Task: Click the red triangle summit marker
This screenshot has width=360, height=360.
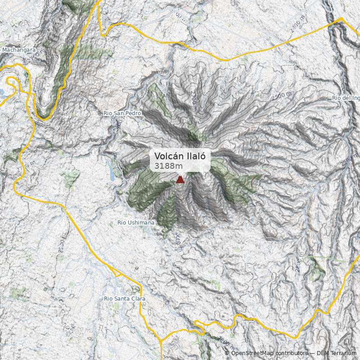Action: (x=180, y=180)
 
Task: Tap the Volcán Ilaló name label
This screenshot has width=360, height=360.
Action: (x=180, y=156)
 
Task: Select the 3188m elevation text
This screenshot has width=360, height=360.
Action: (x=165, y=166)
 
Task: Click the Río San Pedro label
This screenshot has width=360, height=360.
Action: (x=122, y=113)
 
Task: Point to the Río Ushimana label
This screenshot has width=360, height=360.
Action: (x=135, y=223)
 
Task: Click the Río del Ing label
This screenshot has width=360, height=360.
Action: (x=345, y=98)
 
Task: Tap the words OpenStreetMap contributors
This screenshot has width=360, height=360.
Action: (x=269, y=353)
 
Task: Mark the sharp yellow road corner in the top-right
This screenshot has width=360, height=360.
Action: (x=341, y=19)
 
